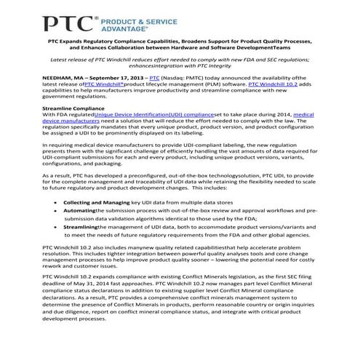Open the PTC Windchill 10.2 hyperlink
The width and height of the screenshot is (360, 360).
tap(276, 84)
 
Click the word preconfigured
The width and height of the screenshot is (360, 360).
tap(164, 175)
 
